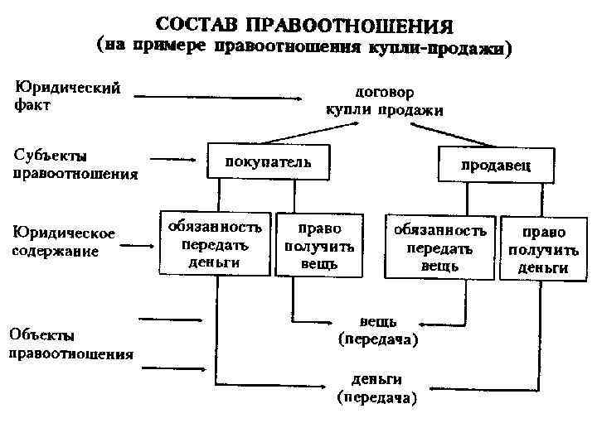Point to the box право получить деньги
(x=543, y=248)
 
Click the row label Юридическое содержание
(x=63, y=241)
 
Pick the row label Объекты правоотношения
(x=70, y=344)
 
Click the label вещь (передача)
(x=378, y=330)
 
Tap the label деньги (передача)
(x=377, y=388)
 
